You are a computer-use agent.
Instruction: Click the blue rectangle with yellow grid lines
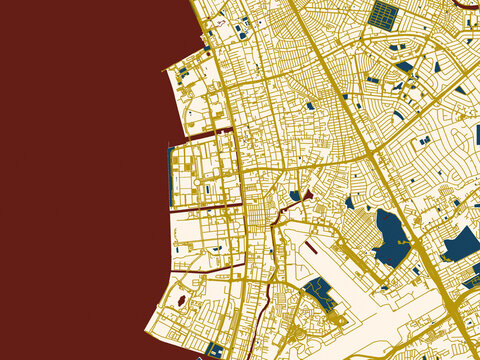click(382, 14)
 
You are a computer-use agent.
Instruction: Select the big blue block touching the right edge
click(462, 244)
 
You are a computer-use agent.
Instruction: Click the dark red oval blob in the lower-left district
click(181, 299)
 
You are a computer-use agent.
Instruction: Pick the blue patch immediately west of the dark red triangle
click(295, 196)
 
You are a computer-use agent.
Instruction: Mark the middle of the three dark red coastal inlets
click(205, 208)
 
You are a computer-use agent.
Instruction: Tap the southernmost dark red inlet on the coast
click(200, 268)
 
